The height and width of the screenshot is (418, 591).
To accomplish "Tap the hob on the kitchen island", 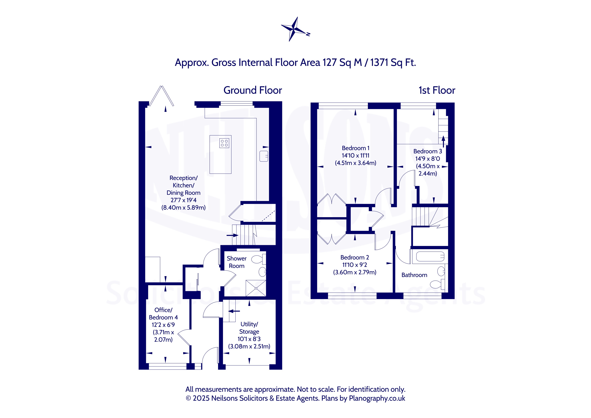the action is [x=224, y=143].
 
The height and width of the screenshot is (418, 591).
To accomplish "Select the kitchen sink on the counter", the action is [x=264, y=156].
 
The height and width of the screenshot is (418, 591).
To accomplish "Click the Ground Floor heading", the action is [x=252, y=90].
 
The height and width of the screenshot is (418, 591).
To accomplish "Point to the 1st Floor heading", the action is [x=437, y=90].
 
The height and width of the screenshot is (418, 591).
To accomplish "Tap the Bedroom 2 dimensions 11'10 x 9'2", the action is [x=355, y=265].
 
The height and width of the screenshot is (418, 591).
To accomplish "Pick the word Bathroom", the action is [x=414, y=275].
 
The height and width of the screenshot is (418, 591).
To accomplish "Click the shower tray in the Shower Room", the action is [x=256, y=288].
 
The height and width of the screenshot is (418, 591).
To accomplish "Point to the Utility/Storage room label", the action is [x=249, y=328].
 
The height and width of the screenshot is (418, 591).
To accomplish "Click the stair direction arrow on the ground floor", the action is [x=232, y=235].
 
